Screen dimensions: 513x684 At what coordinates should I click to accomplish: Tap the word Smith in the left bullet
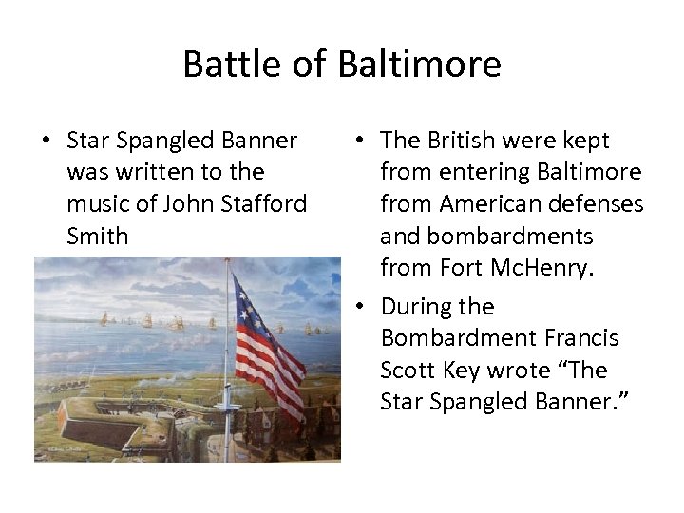click(x=97, y=235)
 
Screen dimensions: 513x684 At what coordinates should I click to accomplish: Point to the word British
click(x=460, y=141)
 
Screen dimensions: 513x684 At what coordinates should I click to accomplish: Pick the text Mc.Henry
click(x=542, y=268)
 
